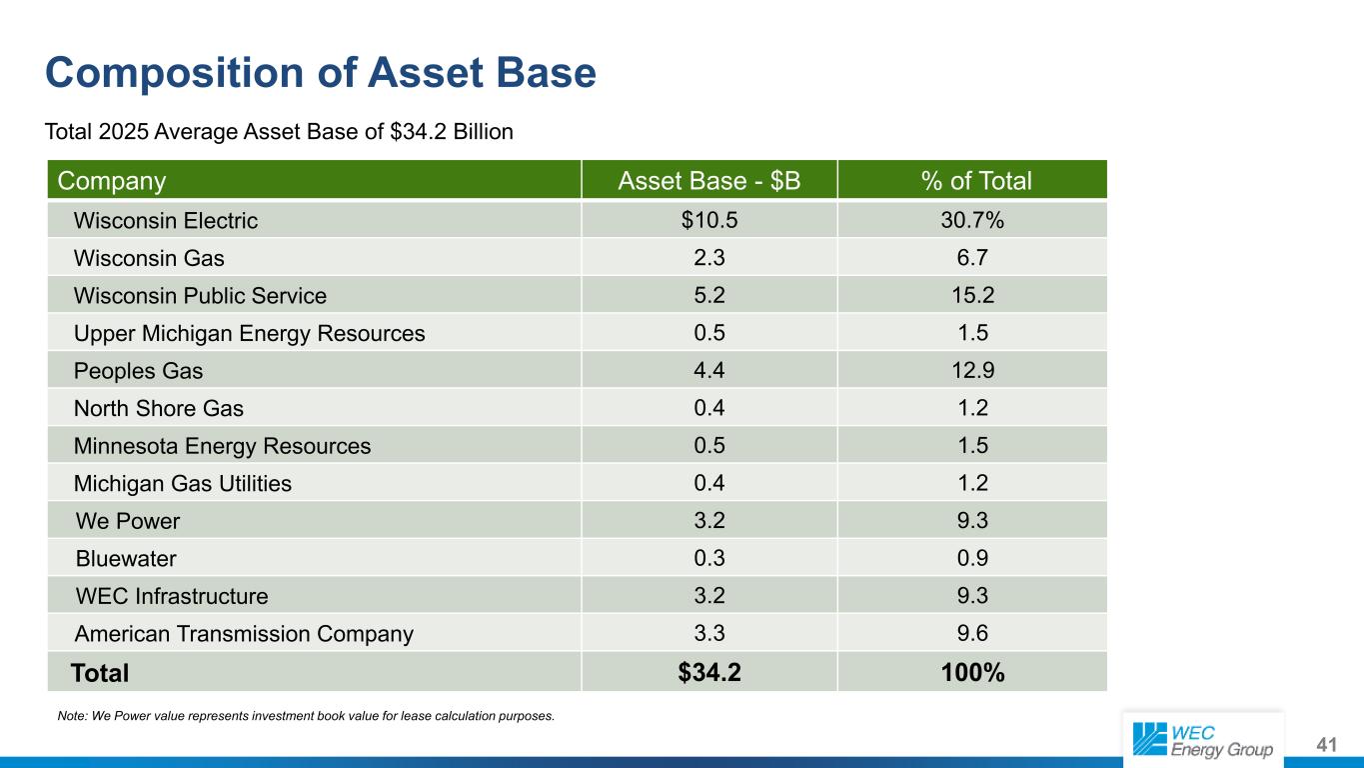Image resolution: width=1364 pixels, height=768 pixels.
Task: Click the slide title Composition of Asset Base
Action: click(x=321, y=73)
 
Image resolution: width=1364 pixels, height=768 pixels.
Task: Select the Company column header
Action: click(x=112, y=181)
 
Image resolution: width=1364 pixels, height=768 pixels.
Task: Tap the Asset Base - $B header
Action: click(x=709, y=181)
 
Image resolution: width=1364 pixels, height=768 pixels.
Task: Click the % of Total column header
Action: click(x=976, y=181)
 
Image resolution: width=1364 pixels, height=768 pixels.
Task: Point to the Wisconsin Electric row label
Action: click(x=166, y=221)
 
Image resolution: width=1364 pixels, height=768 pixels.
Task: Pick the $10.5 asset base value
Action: click(x=709, y=220)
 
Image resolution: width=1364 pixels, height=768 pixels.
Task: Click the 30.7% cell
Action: click(x=972, y=220)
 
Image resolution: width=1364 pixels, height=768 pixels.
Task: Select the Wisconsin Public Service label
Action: click(x=200, y=296)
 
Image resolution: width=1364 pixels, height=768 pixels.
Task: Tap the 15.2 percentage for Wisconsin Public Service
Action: click(x=973, y=295)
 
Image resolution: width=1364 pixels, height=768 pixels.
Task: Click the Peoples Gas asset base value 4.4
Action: click(x=709, y=370)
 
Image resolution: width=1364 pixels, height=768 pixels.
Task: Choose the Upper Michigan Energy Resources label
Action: click(x=250, y=334)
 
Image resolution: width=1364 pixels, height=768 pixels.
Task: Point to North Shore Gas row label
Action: click(x=158, y=408)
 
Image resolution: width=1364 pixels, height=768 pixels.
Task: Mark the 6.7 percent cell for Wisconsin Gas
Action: click(x=972, y=257)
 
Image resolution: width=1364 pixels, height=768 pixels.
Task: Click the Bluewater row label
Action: click(x=126, y=558)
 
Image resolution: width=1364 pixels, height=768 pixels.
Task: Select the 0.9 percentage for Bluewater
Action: click(x=972, y=558)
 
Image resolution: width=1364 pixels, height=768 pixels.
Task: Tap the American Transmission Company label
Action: click(x=244, y=634)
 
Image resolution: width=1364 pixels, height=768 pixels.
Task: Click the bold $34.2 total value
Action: click(x=709, y=672)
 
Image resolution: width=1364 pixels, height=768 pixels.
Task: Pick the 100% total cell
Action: click(x=972, y=672)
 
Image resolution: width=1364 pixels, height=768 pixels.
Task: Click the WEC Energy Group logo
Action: click(x=1203, y=740)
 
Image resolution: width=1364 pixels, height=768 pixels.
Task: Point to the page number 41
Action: click(x=1327, y=745)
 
